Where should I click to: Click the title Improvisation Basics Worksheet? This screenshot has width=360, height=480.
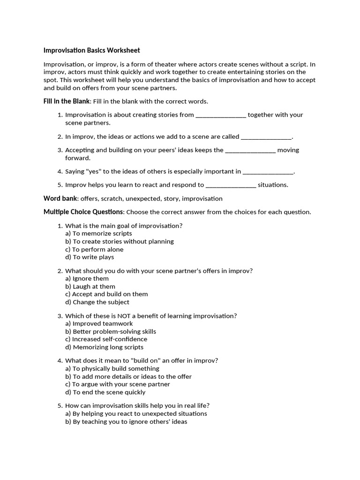[x=91, y=50]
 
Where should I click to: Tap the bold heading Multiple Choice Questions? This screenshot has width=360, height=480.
[x=83, y=212]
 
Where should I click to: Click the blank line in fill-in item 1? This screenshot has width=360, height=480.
[x=220, y=115]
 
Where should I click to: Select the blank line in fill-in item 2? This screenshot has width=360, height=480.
[x=266, y=137]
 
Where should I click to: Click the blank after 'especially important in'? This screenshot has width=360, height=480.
[x=268, y=172]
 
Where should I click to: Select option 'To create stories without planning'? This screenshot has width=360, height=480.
[x=120, y=241]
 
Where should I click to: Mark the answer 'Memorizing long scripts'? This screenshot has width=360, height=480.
[x=104, y=347]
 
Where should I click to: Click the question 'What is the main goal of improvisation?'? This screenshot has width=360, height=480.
[x=124, y=226]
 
